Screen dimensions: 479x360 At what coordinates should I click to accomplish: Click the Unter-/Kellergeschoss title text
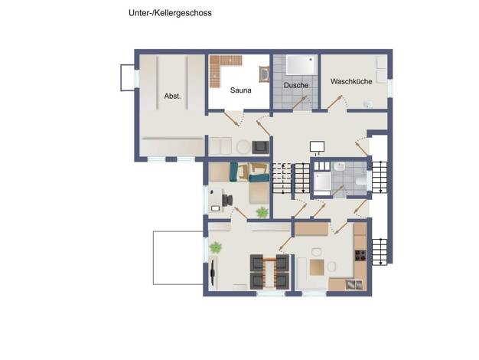point(170,13)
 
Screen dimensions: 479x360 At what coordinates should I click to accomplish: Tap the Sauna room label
point(241,90)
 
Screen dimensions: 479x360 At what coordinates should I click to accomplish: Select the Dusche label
point(296,85)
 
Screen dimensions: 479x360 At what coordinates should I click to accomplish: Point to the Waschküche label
point(351,81)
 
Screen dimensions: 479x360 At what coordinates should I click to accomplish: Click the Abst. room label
point(173,96)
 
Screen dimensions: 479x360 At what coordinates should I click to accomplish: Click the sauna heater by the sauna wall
point(264,74)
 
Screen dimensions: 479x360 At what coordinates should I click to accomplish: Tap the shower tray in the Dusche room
point(300,65)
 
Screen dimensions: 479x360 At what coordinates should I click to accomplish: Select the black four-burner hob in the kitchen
point(360,255)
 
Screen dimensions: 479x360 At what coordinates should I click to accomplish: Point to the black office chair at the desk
point(227,201)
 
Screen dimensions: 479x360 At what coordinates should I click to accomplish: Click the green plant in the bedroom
point(262,212)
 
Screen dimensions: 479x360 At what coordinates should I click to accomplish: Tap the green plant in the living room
point(215,247)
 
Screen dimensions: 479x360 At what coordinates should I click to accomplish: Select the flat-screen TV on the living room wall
point(213,273)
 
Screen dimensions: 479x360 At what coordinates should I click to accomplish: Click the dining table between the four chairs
point(269,272)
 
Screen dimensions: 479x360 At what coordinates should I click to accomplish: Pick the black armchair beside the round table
point(260,147)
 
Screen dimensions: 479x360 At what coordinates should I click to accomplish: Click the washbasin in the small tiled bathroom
point(340,167)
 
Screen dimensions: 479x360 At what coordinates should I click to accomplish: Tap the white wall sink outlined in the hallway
point(317,146)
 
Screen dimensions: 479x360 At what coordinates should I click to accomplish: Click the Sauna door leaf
point(231,119)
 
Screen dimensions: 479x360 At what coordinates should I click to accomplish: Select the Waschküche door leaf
point(335,103)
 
